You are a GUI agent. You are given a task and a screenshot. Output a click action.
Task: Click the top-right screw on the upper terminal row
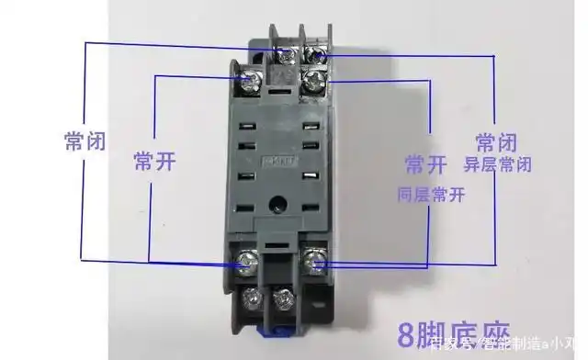coord(319,53)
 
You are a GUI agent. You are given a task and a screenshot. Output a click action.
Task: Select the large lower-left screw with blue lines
coord(246,264)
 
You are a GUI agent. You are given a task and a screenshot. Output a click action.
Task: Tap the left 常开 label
coord(153,162)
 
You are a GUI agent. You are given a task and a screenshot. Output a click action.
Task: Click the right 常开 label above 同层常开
coord(425,164)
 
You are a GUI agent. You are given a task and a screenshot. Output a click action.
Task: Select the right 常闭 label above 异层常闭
coord(496,142)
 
